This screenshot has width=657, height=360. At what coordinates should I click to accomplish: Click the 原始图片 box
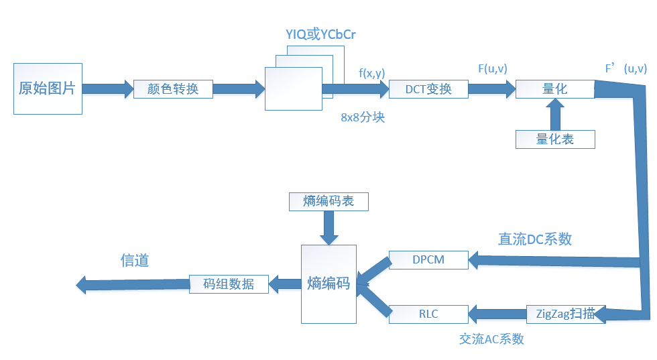(x=48, y=88)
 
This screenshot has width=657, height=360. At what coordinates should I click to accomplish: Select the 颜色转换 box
(x=173, y=89)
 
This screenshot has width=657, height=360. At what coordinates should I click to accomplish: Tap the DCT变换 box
(x=428, y=89)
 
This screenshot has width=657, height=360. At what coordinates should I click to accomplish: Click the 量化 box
(x=554, y=89)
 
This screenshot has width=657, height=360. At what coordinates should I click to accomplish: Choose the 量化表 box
(x=554, y=139)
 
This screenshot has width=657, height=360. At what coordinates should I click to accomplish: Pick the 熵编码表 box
(x=328, y=201)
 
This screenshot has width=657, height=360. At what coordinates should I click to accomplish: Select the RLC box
(x=428, y=313)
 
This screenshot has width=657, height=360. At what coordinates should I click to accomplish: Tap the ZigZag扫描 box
(x=565, y=313)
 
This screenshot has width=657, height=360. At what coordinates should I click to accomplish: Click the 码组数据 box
(x=229, y=284)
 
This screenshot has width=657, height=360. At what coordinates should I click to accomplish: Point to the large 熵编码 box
(x=328, y=283)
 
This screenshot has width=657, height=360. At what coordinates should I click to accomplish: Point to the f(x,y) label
(x=371, y=72)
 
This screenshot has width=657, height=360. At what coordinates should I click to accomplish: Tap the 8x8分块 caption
(x=362, y=117)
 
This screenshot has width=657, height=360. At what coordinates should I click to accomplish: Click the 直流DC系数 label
(x=534, y=239)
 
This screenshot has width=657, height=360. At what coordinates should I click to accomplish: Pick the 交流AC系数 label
(x=491, y=339)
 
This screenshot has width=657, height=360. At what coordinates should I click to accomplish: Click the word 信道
(x=134, y=261)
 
